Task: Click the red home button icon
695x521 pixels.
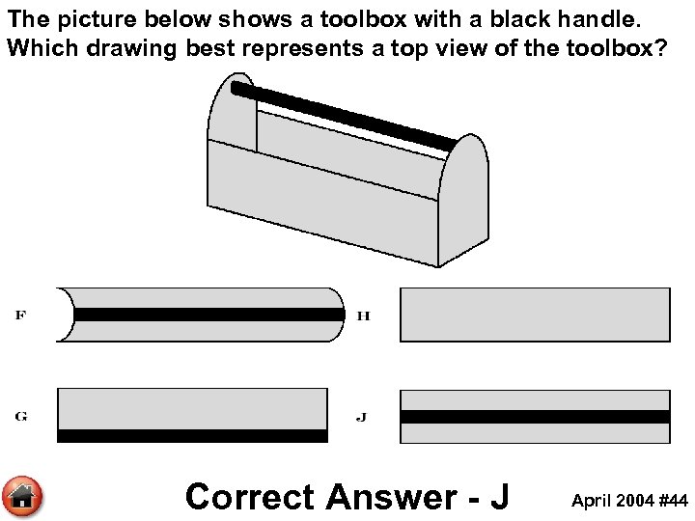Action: pos(23,497)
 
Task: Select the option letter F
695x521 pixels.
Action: pos(20,315)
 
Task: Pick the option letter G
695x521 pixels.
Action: pos(20,417)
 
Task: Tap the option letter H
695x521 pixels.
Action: pos(364,315)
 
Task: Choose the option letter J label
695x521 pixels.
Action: pos(361,417)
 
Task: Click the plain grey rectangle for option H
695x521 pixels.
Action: pos(535,315)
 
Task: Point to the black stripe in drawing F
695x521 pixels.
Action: pos(208,315)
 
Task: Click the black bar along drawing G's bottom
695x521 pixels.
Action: pos(193,436)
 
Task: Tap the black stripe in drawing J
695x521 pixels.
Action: pos(535,417)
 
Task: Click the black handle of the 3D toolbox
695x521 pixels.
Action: pos(343,116)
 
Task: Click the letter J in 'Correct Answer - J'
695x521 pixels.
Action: pos(498,497)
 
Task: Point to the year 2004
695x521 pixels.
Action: pos(635,501)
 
